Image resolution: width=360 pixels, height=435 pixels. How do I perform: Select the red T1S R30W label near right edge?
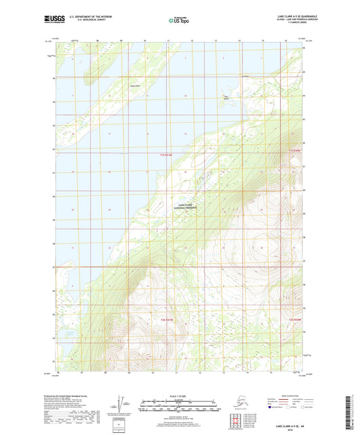[294, 150]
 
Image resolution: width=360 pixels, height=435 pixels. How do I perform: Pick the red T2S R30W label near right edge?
[294, 319]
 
